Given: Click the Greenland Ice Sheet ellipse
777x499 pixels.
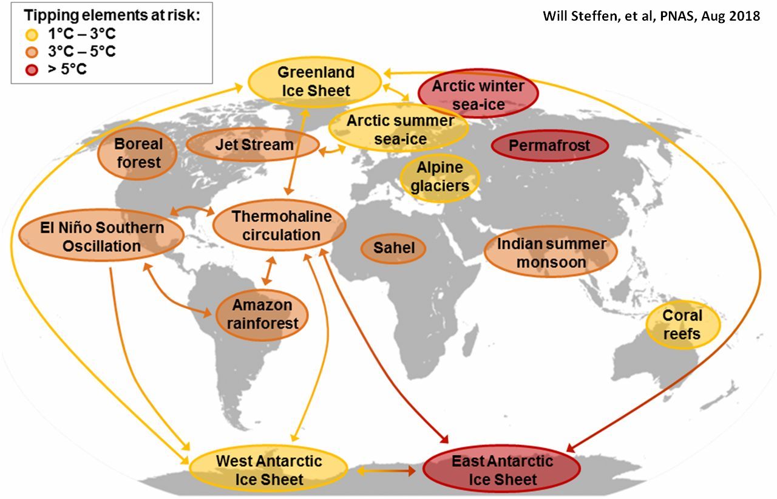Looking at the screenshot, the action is pyautogui.click(x=315, y=82).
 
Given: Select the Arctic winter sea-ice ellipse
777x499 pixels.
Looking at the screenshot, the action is pyautogui.click(x=478, y=93).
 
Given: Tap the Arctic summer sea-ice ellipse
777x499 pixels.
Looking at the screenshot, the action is pyautogui.click(x=399, y=129).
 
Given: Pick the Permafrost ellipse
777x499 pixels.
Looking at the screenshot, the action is pyautogui.click(x=550, y=146).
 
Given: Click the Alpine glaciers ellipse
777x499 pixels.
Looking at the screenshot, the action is pyautogui.click(x=440, y=177).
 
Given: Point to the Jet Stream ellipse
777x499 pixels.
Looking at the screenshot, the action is pyautogui.click(x=253, y=144).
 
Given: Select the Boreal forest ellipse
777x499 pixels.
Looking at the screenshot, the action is pyautogui.click(x=137, y=153).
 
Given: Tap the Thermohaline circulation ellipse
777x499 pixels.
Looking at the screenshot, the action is pyautogui.click(x=280, y=225).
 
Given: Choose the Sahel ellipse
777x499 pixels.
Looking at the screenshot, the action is pyautogui.click(x=393, y=248).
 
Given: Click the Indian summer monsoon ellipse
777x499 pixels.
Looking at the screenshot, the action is pyautogui.click(x=551, y=252).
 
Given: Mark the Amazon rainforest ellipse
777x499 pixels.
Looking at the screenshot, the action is pyautogui.click(x=262, y=314).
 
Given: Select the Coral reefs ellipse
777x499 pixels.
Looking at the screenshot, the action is pyautogui.click(x=683, y=324).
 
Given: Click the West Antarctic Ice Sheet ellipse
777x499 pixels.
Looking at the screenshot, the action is pyautogui.click(x=268, y=469).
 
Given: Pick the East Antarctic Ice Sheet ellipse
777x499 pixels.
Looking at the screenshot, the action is pyautogui.click(x=502, y=469).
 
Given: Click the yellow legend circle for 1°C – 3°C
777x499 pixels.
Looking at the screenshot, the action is pyautogui.click(x=32, y=35).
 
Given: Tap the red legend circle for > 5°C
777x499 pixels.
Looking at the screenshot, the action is pyautogui.click(x=32, y=70).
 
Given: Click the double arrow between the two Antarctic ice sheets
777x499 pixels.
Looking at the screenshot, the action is pyautogui.click(x=386, y=471).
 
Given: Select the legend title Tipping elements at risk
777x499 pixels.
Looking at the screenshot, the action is pyautogui.click(x=112, y=16).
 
